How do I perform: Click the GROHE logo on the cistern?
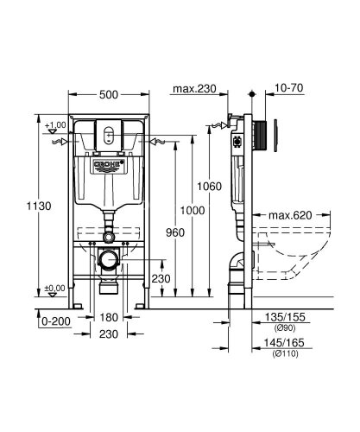[109, 162]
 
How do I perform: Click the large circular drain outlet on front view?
[109, 259]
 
